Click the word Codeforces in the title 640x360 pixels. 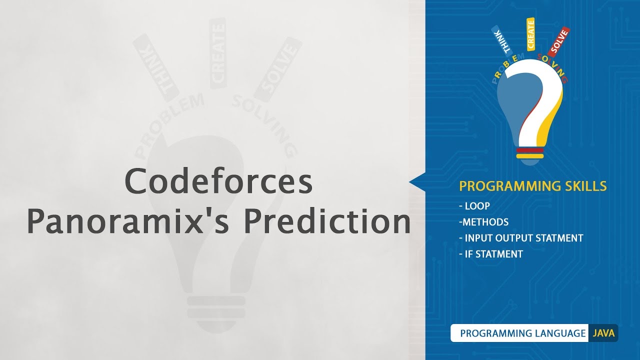218,181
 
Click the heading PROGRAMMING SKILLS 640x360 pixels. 533,186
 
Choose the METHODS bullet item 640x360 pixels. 485,222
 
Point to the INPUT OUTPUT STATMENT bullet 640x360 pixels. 521,238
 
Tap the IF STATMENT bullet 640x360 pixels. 490,254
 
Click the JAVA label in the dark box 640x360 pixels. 603,333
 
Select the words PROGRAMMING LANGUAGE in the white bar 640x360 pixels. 522,333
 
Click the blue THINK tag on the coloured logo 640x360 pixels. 502,39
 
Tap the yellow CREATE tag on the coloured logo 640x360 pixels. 530,34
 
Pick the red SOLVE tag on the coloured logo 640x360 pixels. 558,41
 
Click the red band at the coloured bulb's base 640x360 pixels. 529,150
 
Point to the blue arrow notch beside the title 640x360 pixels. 417,182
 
